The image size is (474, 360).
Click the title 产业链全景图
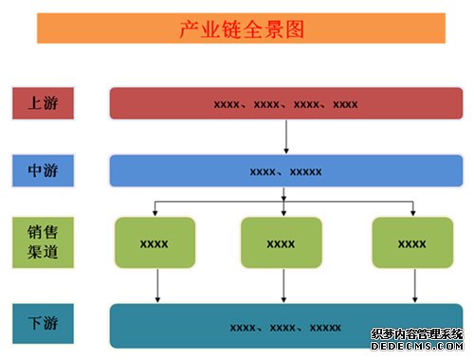(242, 29)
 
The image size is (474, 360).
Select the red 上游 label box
(43, 103)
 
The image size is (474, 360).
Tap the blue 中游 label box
(43, 171)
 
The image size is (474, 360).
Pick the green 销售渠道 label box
(43, 243)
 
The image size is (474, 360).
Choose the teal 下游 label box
(43, 323)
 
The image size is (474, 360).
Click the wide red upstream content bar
(286, 103)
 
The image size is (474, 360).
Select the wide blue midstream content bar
(286, 171)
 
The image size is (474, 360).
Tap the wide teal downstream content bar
(286, 326)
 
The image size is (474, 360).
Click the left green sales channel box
(155, 243)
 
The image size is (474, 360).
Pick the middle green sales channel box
(282, 243)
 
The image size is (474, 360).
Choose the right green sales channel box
(412, 243)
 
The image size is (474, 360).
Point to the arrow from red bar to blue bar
(286, 136)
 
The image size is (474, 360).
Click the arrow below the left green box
(157, 285)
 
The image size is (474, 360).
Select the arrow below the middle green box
(283, 285)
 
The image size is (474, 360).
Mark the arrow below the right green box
(415, 285)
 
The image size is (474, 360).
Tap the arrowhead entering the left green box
(155, 213)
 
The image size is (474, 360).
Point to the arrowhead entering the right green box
(413, 213)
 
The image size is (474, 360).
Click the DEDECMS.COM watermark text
(417, 346)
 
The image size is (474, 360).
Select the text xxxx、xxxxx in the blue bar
(285, 172)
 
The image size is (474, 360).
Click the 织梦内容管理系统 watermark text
(417, 334)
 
